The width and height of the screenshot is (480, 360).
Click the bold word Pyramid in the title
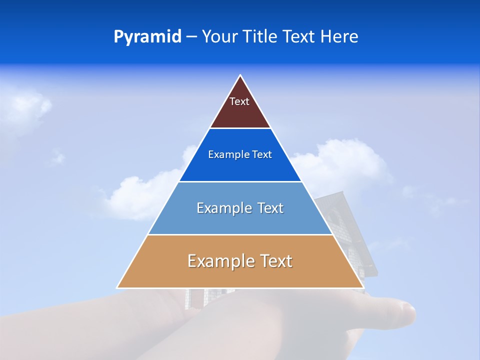[147, 37]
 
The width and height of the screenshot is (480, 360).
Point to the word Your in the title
[219, 37]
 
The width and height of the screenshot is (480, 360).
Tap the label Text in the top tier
[239, 101]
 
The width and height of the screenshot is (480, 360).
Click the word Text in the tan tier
[275, 261]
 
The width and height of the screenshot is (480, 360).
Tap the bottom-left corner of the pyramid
[118, 287]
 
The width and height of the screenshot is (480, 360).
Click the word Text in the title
[299, 37]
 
